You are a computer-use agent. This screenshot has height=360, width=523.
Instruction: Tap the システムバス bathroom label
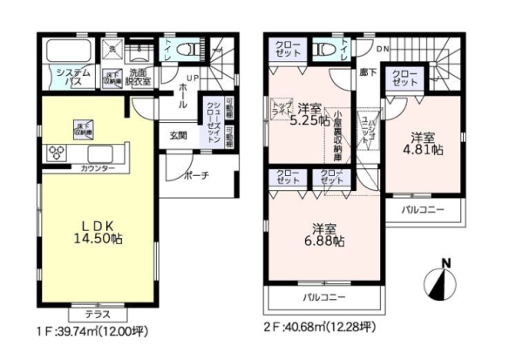(63, 77)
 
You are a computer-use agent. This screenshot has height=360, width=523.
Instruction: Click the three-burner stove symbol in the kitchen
(58, 152)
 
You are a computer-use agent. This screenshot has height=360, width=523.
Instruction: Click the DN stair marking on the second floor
(383, 49)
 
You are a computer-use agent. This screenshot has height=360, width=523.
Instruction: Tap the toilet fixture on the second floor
(326, 50)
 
